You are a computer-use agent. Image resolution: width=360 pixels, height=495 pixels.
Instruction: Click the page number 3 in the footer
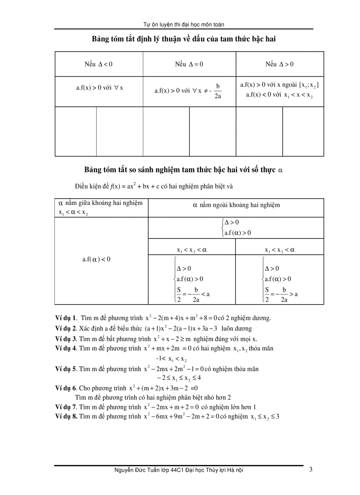(311, 470)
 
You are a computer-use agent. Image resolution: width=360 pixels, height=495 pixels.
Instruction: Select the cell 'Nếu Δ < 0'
(99, 64)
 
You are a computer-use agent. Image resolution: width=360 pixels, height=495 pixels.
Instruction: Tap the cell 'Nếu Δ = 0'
(189, 64)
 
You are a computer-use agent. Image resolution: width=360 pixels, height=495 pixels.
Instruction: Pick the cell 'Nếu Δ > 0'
(279, 64)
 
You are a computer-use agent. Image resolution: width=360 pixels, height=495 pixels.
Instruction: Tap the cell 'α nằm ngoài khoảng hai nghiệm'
(236, 205)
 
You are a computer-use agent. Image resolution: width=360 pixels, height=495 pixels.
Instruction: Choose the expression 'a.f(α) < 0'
(96, 259)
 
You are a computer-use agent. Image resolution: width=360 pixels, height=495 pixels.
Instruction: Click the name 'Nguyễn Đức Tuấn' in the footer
(135, 470)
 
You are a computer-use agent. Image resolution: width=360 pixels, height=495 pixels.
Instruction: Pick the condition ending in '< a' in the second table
(193, 294)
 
